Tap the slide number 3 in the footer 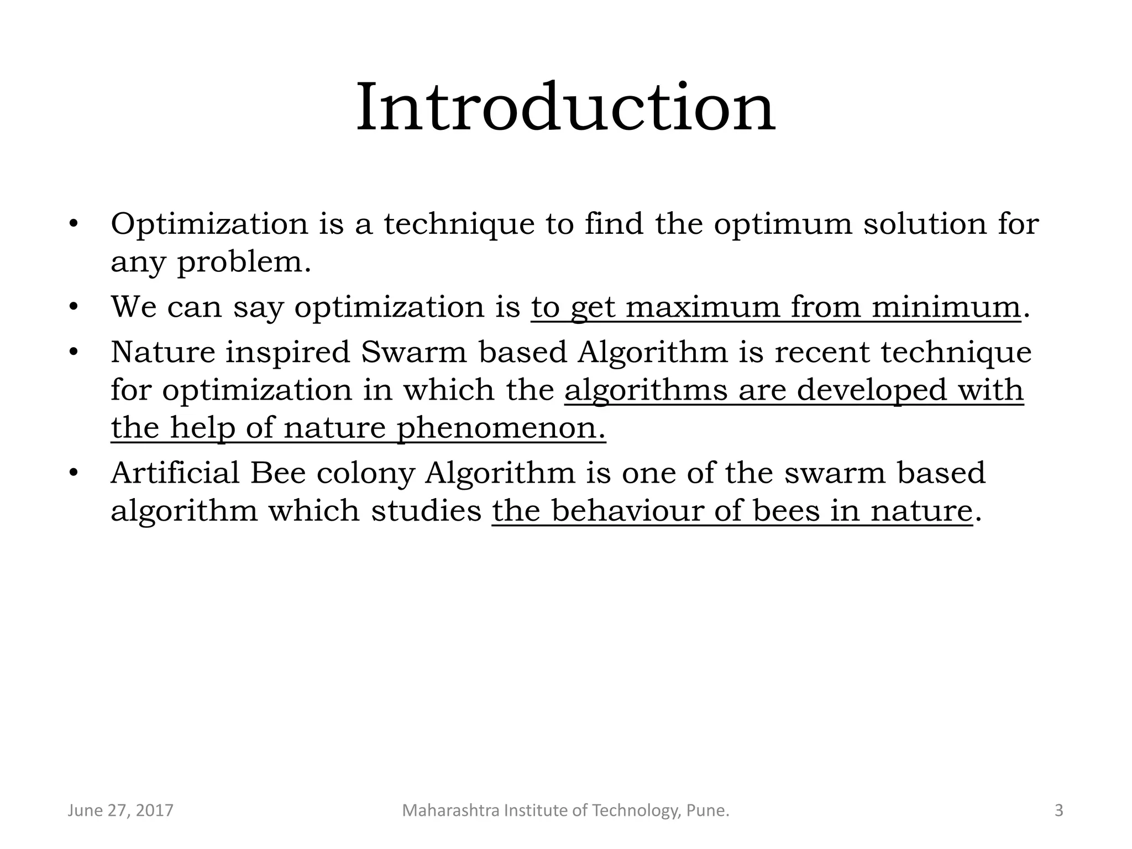coord(1058,811)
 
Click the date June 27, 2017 coord(120,811)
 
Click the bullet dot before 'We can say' coord(73,307)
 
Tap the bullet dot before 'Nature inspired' coord(73,352)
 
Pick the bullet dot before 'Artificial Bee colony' coord(73,473)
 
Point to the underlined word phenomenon coord(501,428)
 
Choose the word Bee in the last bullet coord(277,473)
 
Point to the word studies coord(426,510)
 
